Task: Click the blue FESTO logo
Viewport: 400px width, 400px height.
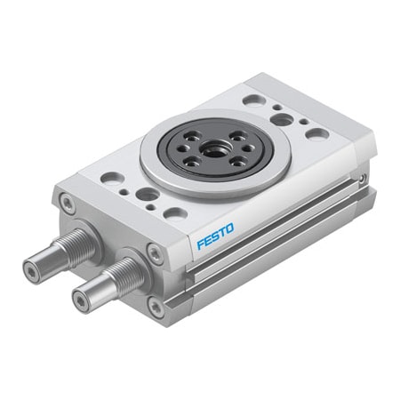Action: click(215, 238)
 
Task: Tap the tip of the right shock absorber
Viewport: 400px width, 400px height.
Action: click(81, 300)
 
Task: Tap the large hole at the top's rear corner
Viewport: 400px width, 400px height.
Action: click(254, 100)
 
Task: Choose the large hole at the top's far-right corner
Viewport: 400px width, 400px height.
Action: click(316, 133)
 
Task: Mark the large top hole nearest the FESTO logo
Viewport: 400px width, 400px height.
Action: click(175, 212)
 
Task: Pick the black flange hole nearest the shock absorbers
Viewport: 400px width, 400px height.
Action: click(190, 163)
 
